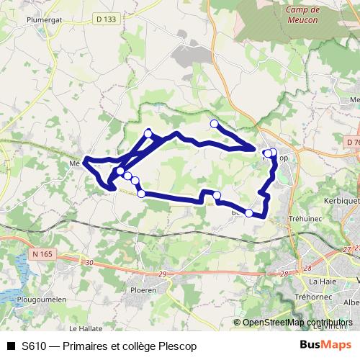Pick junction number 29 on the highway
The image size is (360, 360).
pyautogui.click(x=161, y=274)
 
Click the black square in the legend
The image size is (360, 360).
pyautogui.click(x=10, y=346)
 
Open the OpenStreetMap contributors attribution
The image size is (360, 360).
pyautogui.click(x=297, y=323)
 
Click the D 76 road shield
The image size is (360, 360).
pyautogui.click(x=353, y=143)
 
